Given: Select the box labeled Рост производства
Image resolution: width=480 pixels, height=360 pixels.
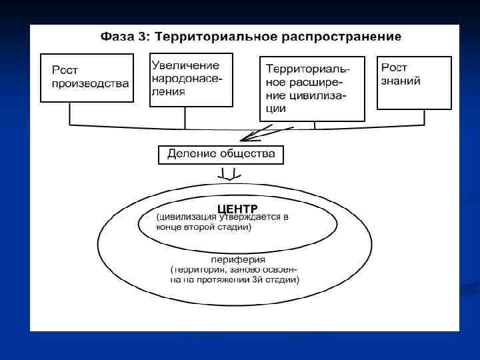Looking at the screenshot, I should (85, 77).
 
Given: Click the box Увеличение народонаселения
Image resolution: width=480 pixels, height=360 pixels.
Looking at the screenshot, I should (191, 79).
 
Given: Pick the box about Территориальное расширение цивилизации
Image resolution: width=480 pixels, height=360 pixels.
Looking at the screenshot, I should (311, 88).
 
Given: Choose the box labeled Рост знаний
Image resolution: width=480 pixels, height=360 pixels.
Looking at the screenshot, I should (414, 83).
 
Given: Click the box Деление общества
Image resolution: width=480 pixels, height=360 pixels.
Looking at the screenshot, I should (221, 155).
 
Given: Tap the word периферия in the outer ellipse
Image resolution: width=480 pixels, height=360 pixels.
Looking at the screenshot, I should (238, 259).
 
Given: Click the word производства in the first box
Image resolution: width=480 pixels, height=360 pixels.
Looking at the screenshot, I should (91, 84).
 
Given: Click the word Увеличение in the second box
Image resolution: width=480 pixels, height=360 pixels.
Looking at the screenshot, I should (185, 65).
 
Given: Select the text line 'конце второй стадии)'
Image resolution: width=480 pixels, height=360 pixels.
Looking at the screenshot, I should (203, 227).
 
